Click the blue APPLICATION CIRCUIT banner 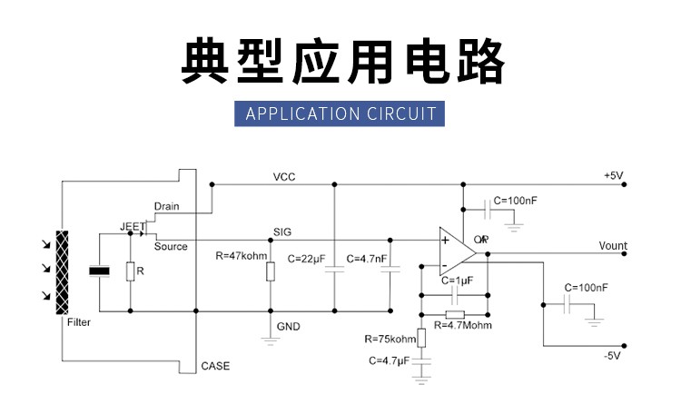(340, 113)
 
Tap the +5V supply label (614, 175)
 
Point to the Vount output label (613, 246)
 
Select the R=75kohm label (390, 339)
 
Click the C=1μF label (459, 281)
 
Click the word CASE (215, 367)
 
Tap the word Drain (166, 206)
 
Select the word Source (171, 246)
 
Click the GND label (287, 326)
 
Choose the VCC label (284, 176)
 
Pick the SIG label (282, 232)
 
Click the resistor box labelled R (130, 271)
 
